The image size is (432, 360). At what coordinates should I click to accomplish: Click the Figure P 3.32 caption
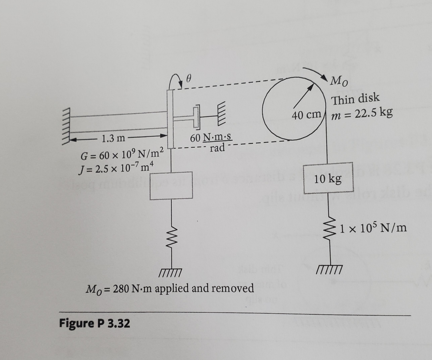pyautogui.click(x=94, y=323)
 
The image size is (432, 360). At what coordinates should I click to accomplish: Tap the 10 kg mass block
pyautogui.click(x=328, y=179)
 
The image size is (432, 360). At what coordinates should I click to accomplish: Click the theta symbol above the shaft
pyautogui.click(x=188, y=79)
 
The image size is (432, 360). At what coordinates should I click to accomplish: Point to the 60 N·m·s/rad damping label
pyautogui.click(x=212, y=142)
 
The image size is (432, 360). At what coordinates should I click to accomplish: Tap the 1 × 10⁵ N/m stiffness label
pyautogui.click(x=374, y=228)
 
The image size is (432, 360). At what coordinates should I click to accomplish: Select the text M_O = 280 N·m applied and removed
pyautogui.click(x=170, y=288)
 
